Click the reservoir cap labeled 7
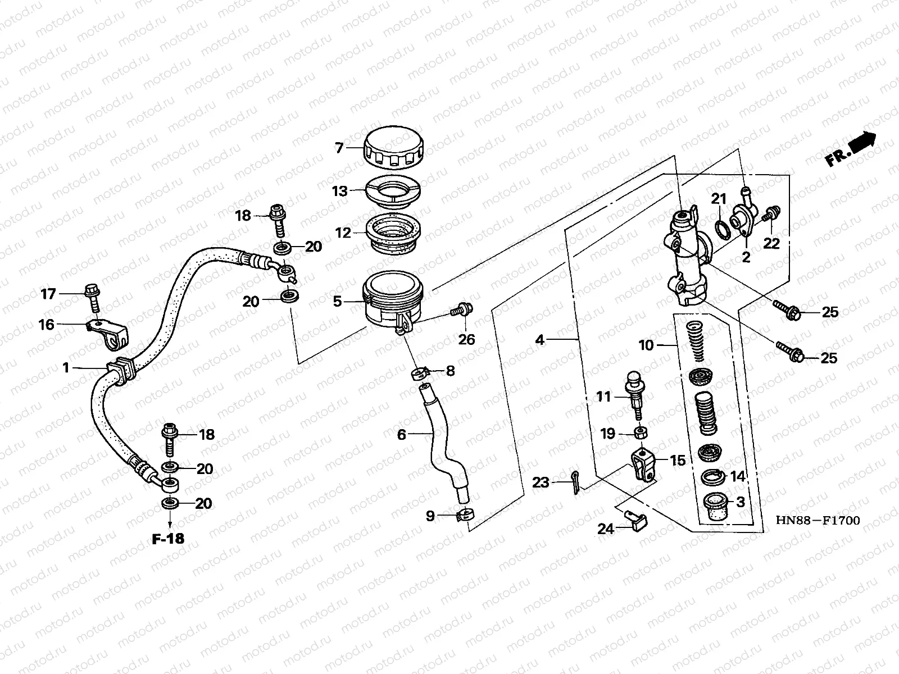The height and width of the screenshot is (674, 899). click(394, 148)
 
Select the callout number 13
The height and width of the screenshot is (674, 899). click(340, 192)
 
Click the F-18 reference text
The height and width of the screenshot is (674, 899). click(168, 539)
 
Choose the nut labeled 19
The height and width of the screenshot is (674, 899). click(639, 433)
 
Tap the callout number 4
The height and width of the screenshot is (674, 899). click(539, 340)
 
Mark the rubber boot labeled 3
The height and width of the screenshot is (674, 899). click(715, 505)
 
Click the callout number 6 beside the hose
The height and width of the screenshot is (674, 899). click(401, 435)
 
